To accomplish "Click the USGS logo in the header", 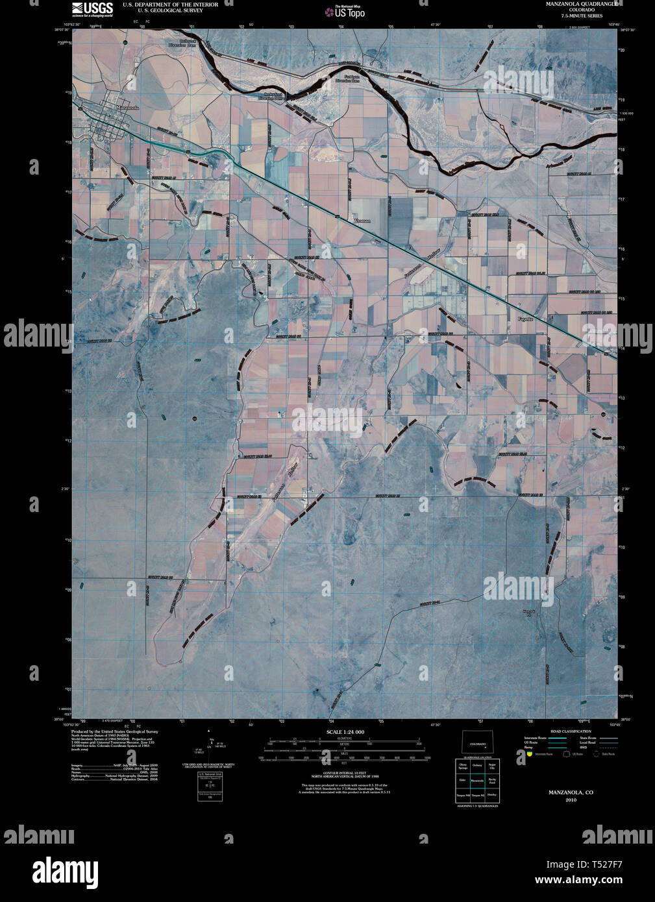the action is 92,8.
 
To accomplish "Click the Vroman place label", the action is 362,221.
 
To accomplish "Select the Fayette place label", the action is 525,319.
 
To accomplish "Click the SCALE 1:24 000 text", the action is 345,732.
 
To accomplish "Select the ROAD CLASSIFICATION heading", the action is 571,731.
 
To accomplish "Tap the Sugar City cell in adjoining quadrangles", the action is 492,767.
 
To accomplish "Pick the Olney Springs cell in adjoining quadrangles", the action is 463,767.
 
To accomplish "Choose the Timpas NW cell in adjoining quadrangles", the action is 463,795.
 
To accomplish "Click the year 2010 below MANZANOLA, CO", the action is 571,800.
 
